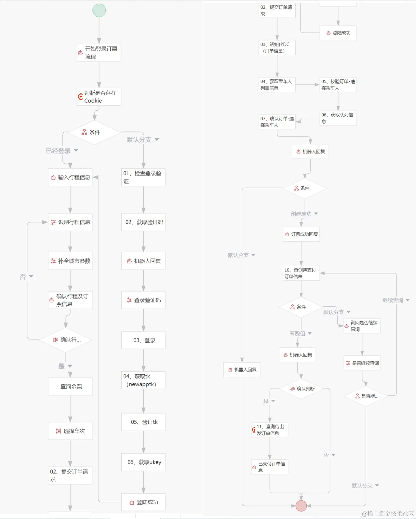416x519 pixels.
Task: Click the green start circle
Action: (99, 10)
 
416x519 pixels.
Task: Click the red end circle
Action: (301, 506)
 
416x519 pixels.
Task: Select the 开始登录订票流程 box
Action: (99, 53)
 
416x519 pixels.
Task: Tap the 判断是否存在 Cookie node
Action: (99, 97)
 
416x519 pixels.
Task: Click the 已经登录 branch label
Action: (59, 151)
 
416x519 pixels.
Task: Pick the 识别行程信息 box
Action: (70, 222)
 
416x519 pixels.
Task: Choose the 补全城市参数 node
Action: (70, 261)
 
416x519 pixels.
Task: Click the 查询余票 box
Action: (70, 386)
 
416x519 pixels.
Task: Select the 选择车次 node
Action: (70, 431)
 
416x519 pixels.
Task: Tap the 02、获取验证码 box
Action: (143, 222)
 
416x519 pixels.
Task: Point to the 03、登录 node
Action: (143, 340)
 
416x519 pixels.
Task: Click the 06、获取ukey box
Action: (143, 462)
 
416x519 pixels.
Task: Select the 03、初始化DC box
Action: (277, 47)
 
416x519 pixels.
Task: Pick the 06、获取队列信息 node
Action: (338, 118)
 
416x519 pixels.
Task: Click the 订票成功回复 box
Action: (301, 234)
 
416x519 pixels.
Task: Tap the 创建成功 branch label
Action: (301, 214)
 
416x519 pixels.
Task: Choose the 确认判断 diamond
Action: (302, 389)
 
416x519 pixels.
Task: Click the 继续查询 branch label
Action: (393, 300)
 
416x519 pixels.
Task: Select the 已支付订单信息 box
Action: (270, 467)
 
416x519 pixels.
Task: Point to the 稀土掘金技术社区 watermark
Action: (388, 513)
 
